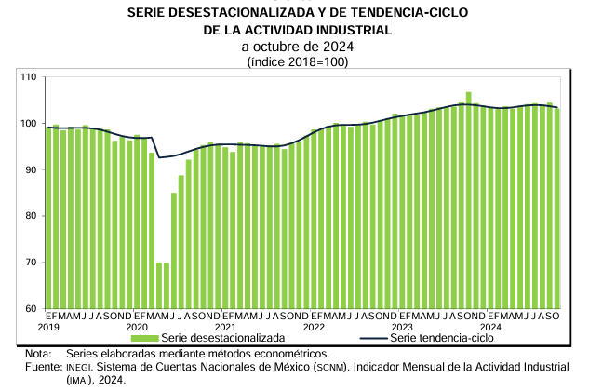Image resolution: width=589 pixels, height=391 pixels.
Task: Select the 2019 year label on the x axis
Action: point(48,327)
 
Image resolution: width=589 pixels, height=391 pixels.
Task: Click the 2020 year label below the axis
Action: point(137,327)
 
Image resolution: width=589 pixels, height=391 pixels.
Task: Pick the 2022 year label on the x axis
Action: point(314,327)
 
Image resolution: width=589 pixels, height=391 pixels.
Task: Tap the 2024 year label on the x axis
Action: point(491,327)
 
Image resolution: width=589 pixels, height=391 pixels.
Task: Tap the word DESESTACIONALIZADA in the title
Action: point(244,11)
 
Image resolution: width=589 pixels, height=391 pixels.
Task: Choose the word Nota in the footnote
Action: point(37,354)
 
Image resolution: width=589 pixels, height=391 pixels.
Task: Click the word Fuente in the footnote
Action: point(43,367)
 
